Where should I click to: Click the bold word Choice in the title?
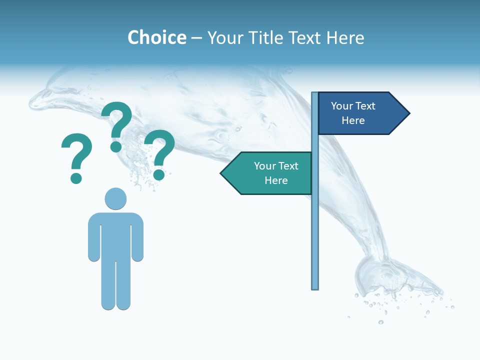[x=156, y=37]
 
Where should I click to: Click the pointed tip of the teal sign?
[x=222, y=173]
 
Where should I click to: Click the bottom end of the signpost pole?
[x=314, y=287]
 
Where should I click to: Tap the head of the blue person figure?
[x=115, y=198]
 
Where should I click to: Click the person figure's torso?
[x=115, y=235]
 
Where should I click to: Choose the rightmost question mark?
[x=160, y=152]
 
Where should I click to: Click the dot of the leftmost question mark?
[x=76, y=178]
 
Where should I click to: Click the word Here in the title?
[x=345, y=37]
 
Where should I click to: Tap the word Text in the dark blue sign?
[x=365, y=106]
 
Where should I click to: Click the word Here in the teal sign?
[x=276, y=180]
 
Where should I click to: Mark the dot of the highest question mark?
[x=116, y=147]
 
